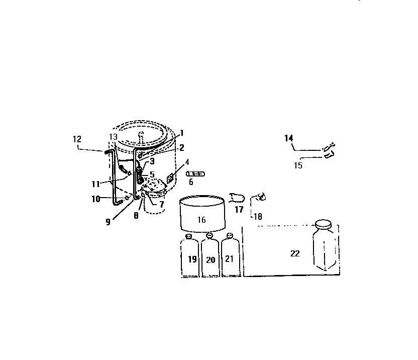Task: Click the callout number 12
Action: point(77,139)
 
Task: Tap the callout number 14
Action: point(289,138)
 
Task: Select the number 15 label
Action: point(298,165)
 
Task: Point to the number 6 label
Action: point(191,182)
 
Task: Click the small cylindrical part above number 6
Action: point(195,174)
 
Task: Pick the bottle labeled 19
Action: point(189,255)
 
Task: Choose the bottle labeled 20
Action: point(210,255)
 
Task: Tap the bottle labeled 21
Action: point(231,255)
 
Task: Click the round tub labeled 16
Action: point(202,214)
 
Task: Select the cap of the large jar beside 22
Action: point(324,224)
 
